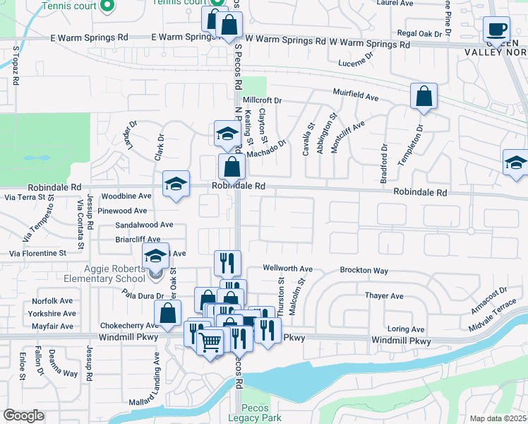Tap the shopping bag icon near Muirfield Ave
pos(424,97)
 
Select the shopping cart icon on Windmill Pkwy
pos(210,343)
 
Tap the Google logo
pos(23,416)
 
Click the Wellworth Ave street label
pos(287,269)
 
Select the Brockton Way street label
pos(364,271)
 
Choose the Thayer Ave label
pos(384,296)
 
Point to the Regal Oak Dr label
pos(424,33)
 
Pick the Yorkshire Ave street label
pos(52,312)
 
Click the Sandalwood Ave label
pos(144,225)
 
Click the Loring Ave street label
pos(406,329)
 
